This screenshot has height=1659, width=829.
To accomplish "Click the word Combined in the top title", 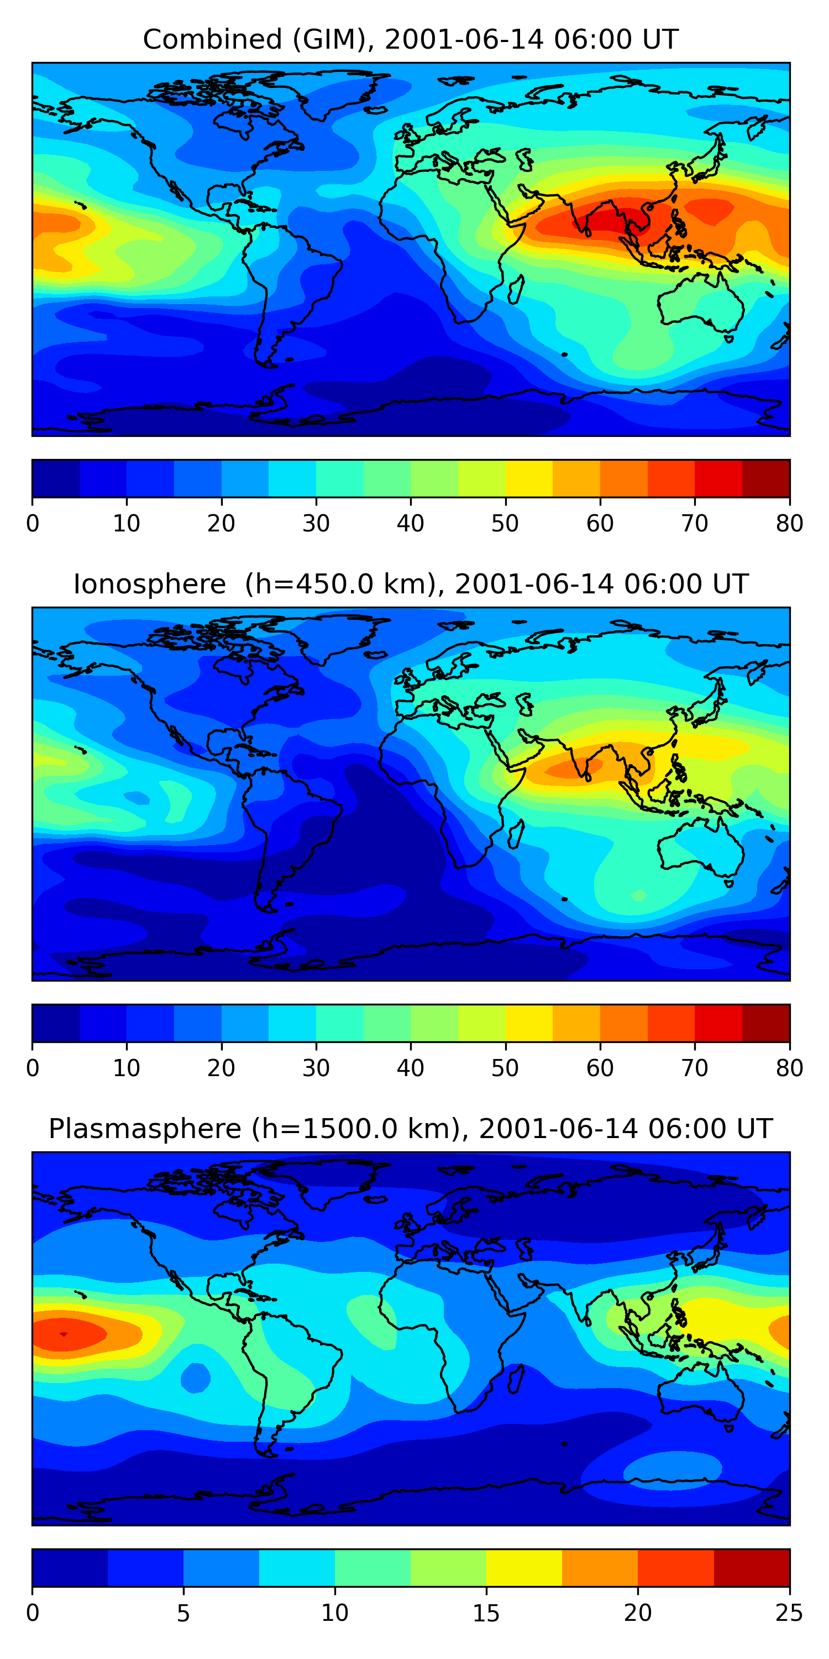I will pyautogui.click(x=212, y=39).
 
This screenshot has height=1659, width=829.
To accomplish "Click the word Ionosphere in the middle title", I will pyautogui.click(x=149, y=584).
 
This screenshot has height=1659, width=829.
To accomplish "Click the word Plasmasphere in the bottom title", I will pyautogui.click(x=144, y=1129).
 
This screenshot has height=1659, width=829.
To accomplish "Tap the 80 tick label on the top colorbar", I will pyautogui.click(x=789, y=524).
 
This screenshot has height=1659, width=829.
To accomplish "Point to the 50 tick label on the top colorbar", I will pyautogui.click(x=505, y=524).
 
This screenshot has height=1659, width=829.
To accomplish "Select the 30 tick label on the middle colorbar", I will pyautogui.click(x=316, y=1068).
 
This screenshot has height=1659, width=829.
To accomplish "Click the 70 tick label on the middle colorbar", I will pyautogui.click(x=695, y=1068).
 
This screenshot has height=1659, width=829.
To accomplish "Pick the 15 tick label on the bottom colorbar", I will pyautogui.click(x=486, y=1613).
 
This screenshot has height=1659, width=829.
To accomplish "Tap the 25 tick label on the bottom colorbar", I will pyautogui.click(x=789, y=1613).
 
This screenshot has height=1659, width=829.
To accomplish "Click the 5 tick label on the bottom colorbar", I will pyautogui.click(x=183, y=1613).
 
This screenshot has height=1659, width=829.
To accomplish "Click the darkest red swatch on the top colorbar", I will pyautogui.click(x=766, y=478).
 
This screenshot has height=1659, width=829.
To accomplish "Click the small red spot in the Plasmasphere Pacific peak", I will pyautogui.click(x=63, y=1334).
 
